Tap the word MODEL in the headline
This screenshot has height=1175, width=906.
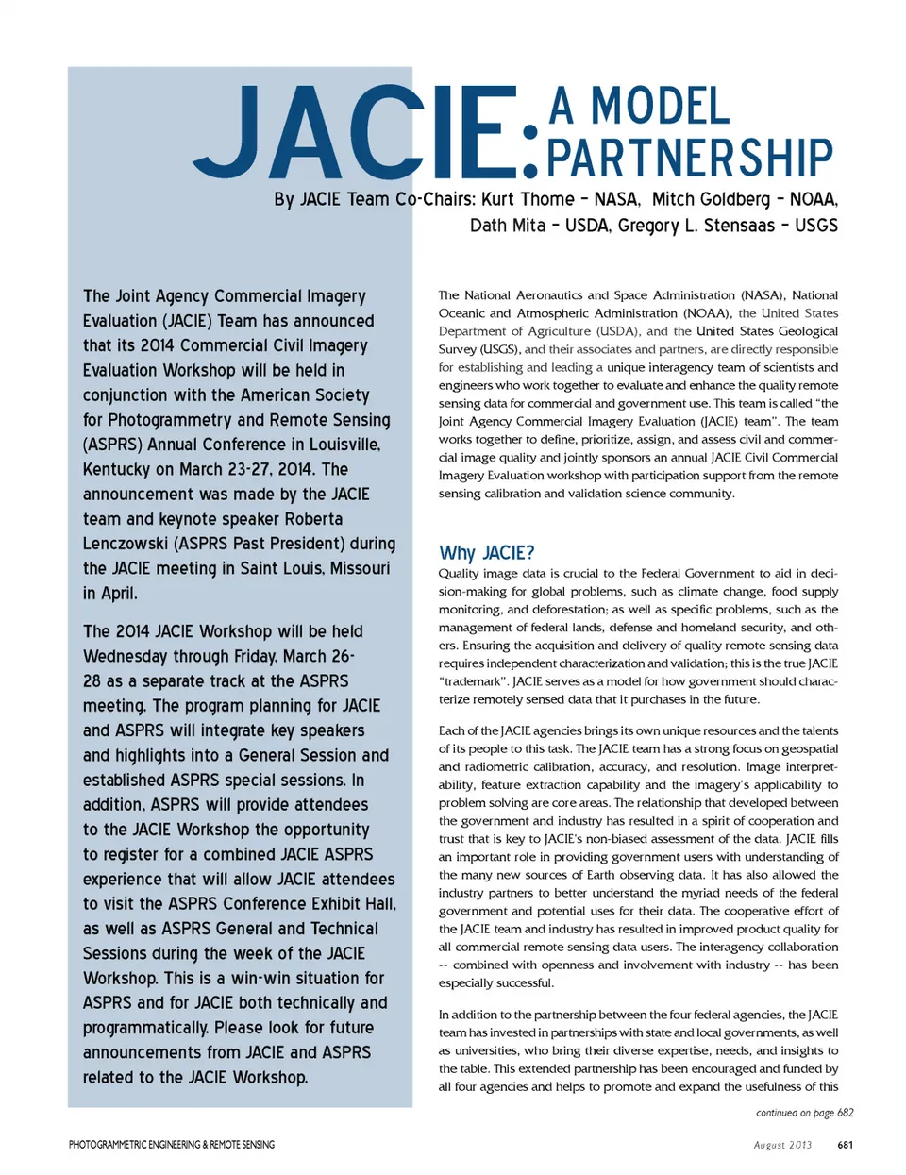coord(660,107)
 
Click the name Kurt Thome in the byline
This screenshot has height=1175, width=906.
coord(528,199)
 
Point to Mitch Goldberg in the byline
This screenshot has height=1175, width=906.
coord(711,199)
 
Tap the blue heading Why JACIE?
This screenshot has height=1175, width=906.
coord(487,553)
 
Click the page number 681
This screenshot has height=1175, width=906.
coord(845,1145)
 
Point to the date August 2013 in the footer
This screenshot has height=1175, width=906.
coord(782,1145)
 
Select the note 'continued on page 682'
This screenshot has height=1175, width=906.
coord(804,1113)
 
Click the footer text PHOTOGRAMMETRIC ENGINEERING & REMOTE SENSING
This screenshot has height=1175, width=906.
coord(172,1145)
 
